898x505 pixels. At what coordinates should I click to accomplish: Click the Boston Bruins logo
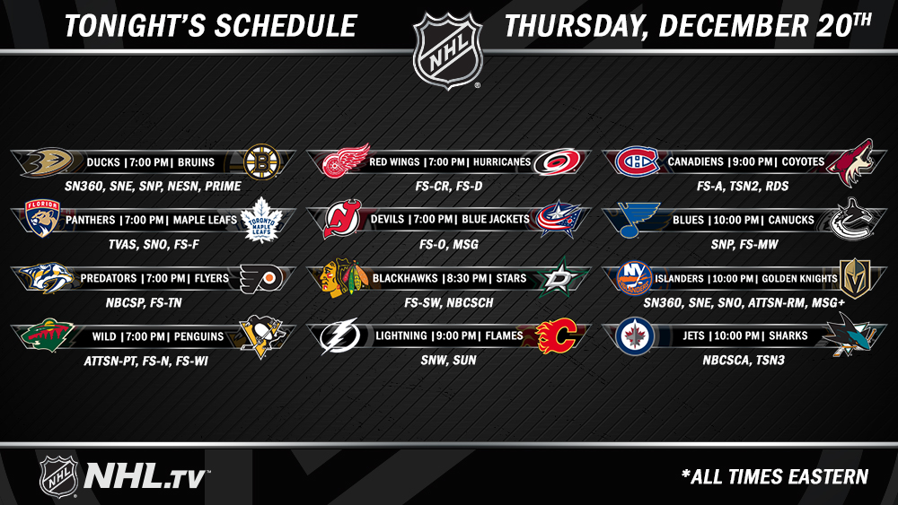pos(261,161)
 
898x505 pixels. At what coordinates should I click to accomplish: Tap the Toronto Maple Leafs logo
pos(261,220)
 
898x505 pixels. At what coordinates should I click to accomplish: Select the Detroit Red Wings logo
pos(346,161)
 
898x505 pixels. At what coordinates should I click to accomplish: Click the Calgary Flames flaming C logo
pos(556,335)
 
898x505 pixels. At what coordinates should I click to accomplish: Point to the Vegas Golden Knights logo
pos(855,279)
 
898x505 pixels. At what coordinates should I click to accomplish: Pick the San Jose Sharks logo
pos(848,335)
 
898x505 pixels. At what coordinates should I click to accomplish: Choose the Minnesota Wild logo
pos(48,335)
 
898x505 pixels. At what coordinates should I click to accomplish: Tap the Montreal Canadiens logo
pos(637,161)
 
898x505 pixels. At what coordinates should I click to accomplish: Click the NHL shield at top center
pos(448,51)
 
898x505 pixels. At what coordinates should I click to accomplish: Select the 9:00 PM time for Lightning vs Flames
pos(456,336)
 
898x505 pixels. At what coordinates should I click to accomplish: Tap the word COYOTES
pos(803,161)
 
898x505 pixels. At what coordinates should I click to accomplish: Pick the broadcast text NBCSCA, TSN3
pos(744,361)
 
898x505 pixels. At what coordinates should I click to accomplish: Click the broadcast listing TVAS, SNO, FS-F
pos(154,245)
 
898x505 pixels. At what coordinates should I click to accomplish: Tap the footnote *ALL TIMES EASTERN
pos(775,477)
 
